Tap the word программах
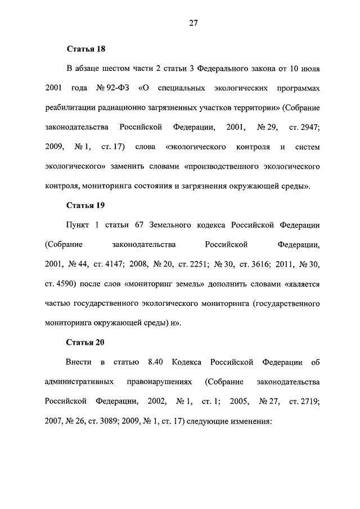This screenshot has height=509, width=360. coord(298,88)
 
